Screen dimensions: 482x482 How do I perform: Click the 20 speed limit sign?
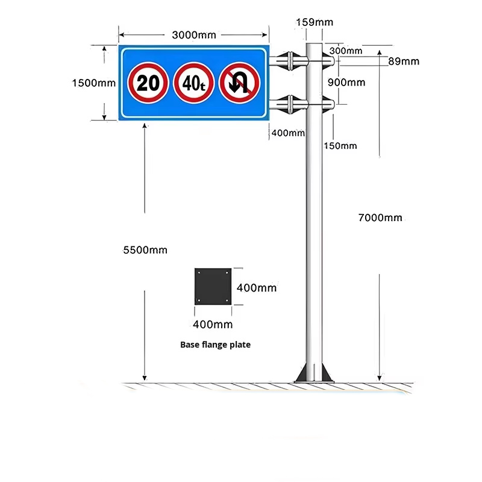pos(148,83)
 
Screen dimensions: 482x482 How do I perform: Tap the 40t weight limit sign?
pos(193,83)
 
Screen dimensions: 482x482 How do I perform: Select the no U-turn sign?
pos(239,83)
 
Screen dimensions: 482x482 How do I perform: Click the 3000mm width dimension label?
pos(194,35)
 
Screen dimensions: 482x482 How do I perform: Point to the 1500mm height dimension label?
pos(94,83)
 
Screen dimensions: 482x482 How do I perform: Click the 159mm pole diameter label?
pos(315,22)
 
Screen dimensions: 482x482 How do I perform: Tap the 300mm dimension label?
pos(346,51)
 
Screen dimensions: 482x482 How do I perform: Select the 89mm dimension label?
pos(404,61)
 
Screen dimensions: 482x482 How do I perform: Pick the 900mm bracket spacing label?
pos(346,83)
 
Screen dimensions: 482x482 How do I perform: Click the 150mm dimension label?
pos(340,146)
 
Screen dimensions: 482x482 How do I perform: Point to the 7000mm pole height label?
pos(380,218)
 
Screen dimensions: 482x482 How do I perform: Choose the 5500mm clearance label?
pos(145,250)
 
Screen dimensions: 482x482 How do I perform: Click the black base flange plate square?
pos(213,287)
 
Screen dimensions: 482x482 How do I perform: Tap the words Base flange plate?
pos(215,345)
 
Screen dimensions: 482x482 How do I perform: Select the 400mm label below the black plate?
pos(213,324)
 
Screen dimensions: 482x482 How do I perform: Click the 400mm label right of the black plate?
pos(257,288)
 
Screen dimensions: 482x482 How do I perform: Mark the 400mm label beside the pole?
pos(288,133)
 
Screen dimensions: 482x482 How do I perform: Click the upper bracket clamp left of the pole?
pos(290,61)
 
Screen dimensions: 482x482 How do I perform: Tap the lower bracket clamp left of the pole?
pos(290,104)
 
